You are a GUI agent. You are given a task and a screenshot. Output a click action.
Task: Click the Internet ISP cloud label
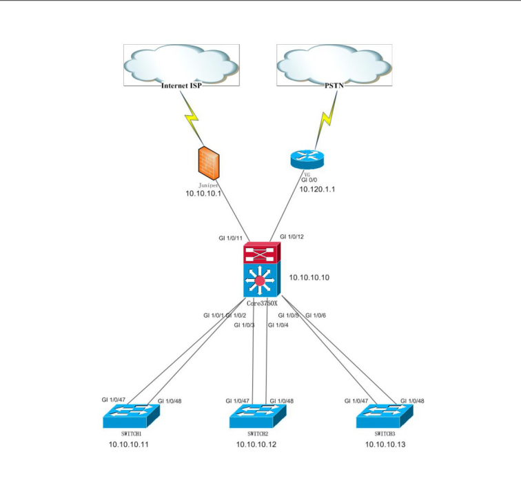pyautogui.click(x=181, y=86)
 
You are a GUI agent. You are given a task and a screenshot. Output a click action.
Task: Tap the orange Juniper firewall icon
pyautogui.click(x=209, y=163)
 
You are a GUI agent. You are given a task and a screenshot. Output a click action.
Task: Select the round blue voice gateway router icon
pyautogui.click(x=307, y=158)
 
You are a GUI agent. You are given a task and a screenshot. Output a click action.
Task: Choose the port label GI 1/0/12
pyautogui.click(x=292, y=237)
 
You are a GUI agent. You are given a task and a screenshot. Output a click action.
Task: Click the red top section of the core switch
pyautogui.click(x=262, y=254)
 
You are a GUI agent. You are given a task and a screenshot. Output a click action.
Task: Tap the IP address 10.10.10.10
pyautogui.click(x=309, y=278)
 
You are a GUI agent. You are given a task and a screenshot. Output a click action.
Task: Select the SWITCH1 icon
pyautogui.click(x=132, y=415)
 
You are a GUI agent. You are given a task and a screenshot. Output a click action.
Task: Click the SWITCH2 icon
pyautogui.click(x=258, y=415)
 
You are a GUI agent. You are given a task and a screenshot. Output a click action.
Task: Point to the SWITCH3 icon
pyautogui.click(x=385, y=415)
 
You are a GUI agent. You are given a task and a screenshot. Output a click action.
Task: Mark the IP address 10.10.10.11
pyautogui.click(x=129, y=445)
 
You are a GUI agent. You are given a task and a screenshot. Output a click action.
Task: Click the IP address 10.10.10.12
pyautogui.click(x=256, y=445)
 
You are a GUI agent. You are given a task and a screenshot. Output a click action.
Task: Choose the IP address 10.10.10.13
pyautogui.click(x=385, y=445)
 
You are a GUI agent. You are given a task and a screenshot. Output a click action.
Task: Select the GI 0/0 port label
pyautogui.click(x=310, y=180)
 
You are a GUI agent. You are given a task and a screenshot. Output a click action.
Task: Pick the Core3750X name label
pyautogui.click(x=263, y=303)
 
